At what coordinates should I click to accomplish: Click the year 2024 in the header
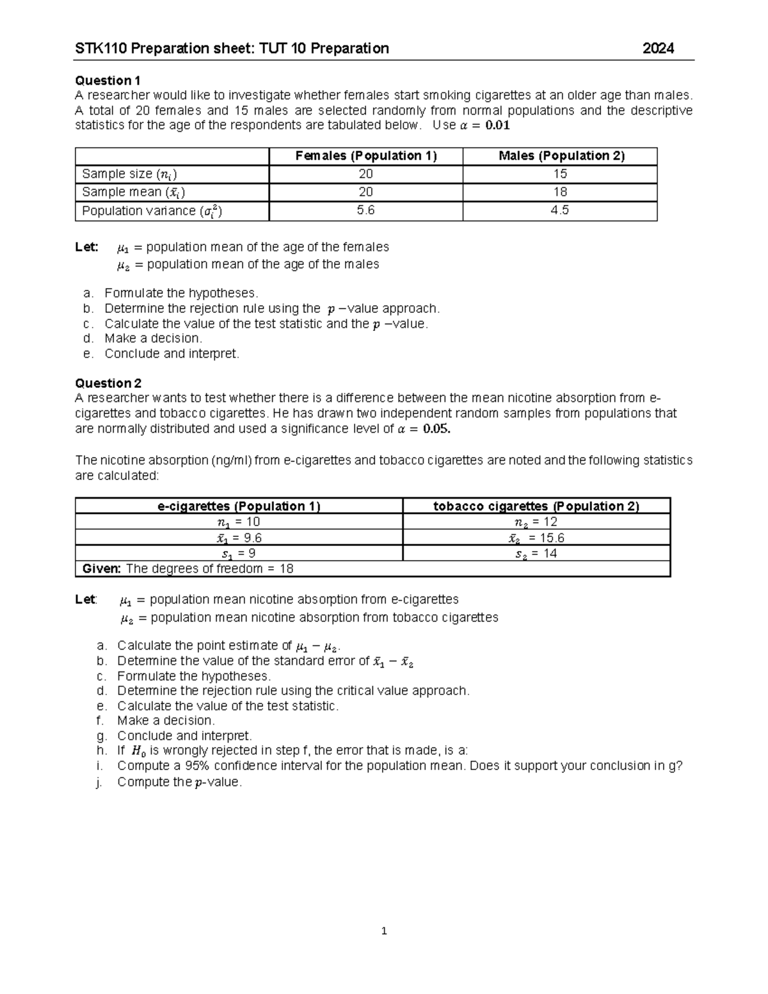point(658,49)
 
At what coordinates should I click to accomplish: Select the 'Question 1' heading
point(108,81)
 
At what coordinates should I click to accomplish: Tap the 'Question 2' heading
point(108,383)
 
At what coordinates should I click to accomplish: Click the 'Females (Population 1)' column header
point(366,156)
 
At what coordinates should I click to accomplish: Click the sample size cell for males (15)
point(560,174)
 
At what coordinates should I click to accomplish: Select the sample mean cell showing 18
point(560,192)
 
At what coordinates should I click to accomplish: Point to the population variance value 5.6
point(365,211)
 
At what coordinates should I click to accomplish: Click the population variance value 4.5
point(560,211)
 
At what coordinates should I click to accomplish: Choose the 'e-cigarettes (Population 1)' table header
point(239,506)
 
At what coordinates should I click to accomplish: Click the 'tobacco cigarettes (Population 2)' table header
point(536,506)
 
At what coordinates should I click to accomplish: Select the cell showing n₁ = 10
point(239,522)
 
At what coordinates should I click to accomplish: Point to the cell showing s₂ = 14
point(536,554)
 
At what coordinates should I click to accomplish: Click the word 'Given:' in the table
point(102,569)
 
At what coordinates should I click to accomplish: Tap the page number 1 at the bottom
point(384,931)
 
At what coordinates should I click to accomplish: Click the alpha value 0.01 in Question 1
point(497,125)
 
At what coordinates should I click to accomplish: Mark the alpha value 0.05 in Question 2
point(436,429)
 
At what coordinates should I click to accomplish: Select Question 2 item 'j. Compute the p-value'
point(179,782)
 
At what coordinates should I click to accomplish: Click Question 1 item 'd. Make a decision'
point(152,339)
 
